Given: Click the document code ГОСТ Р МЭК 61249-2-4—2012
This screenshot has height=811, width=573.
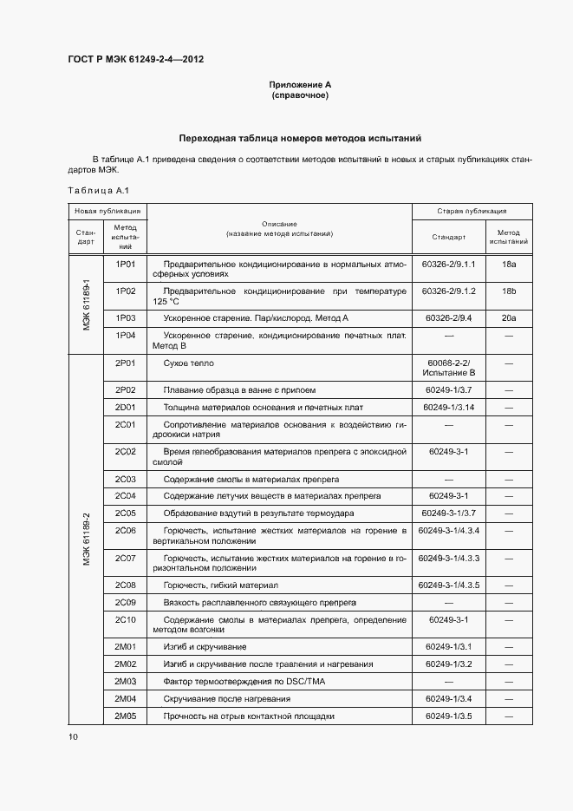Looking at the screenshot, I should coord(135,60).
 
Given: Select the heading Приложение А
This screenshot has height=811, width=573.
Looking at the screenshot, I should coord(300,84).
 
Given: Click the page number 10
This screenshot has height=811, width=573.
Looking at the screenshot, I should coord(73,736).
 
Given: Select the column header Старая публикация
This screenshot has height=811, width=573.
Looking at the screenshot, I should coord(472,212).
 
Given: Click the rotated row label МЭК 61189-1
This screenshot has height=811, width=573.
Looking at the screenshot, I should coord(87,304).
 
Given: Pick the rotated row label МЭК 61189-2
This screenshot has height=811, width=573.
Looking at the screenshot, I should coord(87,538).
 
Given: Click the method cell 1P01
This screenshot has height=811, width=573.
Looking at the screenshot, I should coord(126,263).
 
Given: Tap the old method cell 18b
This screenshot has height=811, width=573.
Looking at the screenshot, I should coord(509,291).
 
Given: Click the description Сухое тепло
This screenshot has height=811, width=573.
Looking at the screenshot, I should coord(188,363).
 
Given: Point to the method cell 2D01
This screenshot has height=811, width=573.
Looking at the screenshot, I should coord(126,407).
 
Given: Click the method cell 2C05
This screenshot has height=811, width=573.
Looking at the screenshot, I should coord(126,513).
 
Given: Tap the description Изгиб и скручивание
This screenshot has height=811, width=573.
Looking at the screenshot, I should coord(205,647).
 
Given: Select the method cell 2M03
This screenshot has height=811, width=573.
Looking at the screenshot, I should coord(126,682).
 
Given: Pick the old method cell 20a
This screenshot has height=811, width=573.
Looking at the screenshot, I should coord(509,318).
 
